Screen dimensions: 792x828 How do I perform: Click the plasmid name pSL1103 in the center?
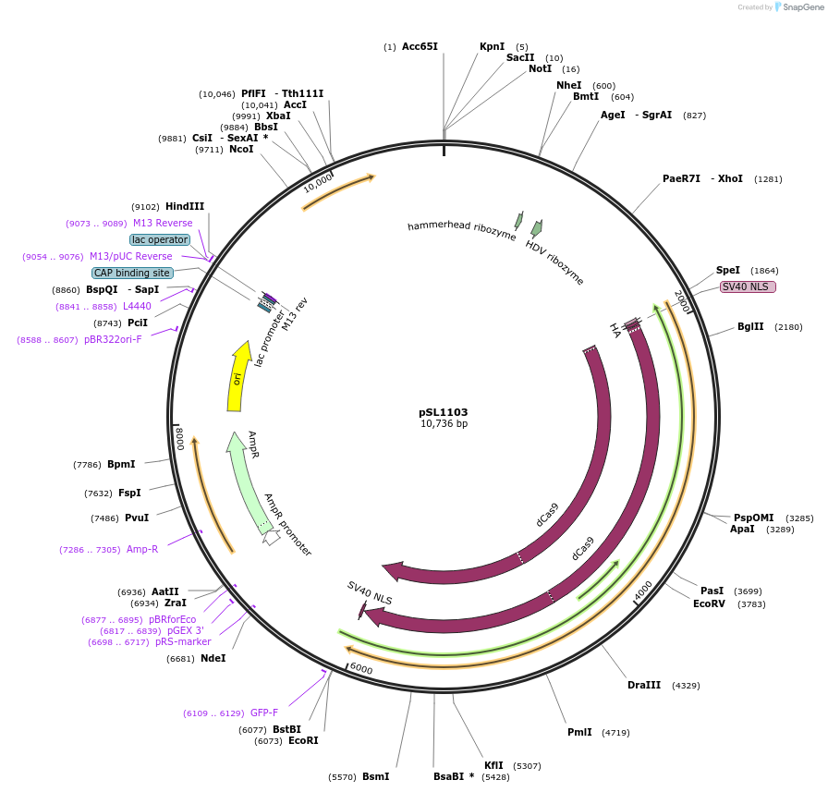444,412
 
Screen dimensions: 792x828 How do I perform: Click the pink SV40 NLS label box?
748,286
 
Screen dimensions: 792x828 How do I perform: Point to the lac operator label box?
160,239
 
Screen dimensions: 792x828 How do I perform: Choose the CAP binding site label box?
132,273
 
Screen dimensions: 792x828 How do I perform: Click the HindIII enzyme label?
185,206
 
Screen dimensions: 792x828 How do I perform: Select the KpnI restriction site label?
492,46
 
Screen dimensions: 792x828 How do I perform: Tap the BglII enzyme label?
750,326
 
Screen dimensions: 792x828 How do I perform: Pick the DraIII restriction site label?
644,685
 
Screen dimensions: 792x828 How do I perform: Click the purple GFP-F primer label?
264,713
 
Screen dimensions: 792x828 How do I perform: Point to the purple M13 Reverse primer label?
163,223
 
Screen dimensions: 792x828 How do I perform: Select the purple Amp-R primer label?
142,549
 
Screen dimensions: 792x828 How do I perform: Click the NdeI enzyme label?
213,658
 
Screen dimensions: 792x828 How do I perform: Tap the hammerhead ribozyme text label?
461,231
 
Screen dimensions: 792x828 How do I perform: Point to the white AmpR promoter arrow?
271,536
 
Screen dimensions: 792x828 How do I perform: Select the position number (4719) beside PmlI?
615,733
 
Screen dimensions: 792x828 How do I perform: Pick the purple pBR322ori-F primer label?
114,339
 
